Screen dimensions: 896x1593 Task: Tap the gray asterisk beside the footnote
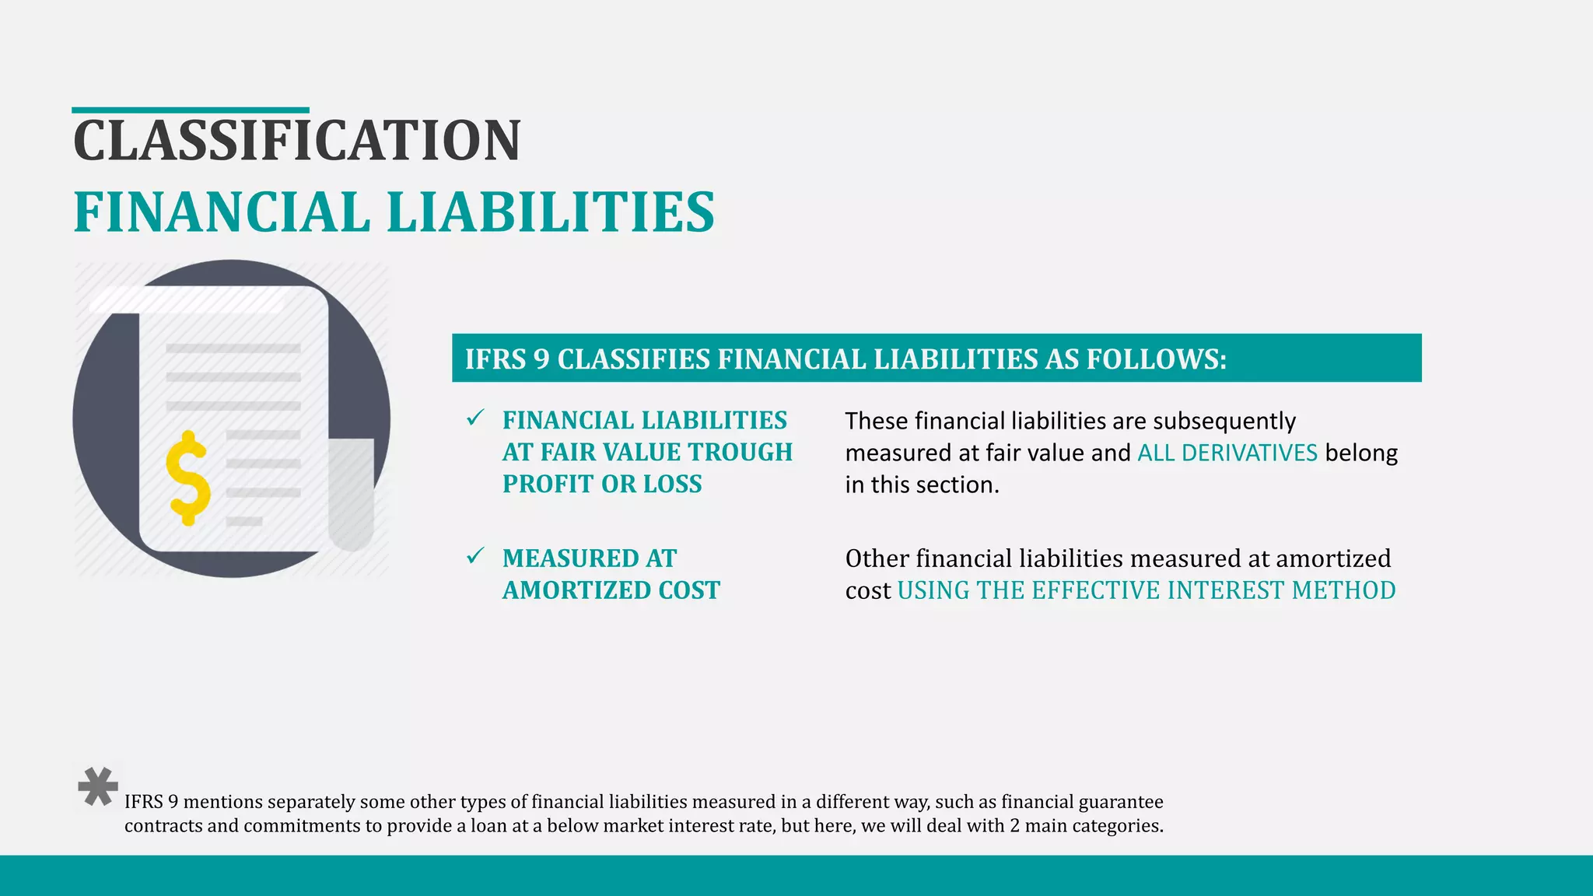98,787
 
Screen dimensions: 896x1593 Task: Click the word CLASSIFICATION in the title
296,141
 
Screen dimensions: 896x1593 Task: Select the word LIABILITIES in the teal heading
550,212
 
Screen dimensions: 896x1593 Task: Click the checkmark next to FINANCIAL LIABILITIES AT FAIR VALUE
475,418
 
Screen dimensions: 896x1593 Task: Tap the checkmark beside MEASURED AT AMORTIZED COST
475,556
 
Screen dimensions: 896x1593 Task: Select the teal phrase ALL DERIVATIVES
1227,453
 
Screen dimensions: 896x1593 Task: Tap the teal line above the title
191,110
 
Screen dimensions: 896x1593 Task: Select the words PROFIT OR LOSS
602,484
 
